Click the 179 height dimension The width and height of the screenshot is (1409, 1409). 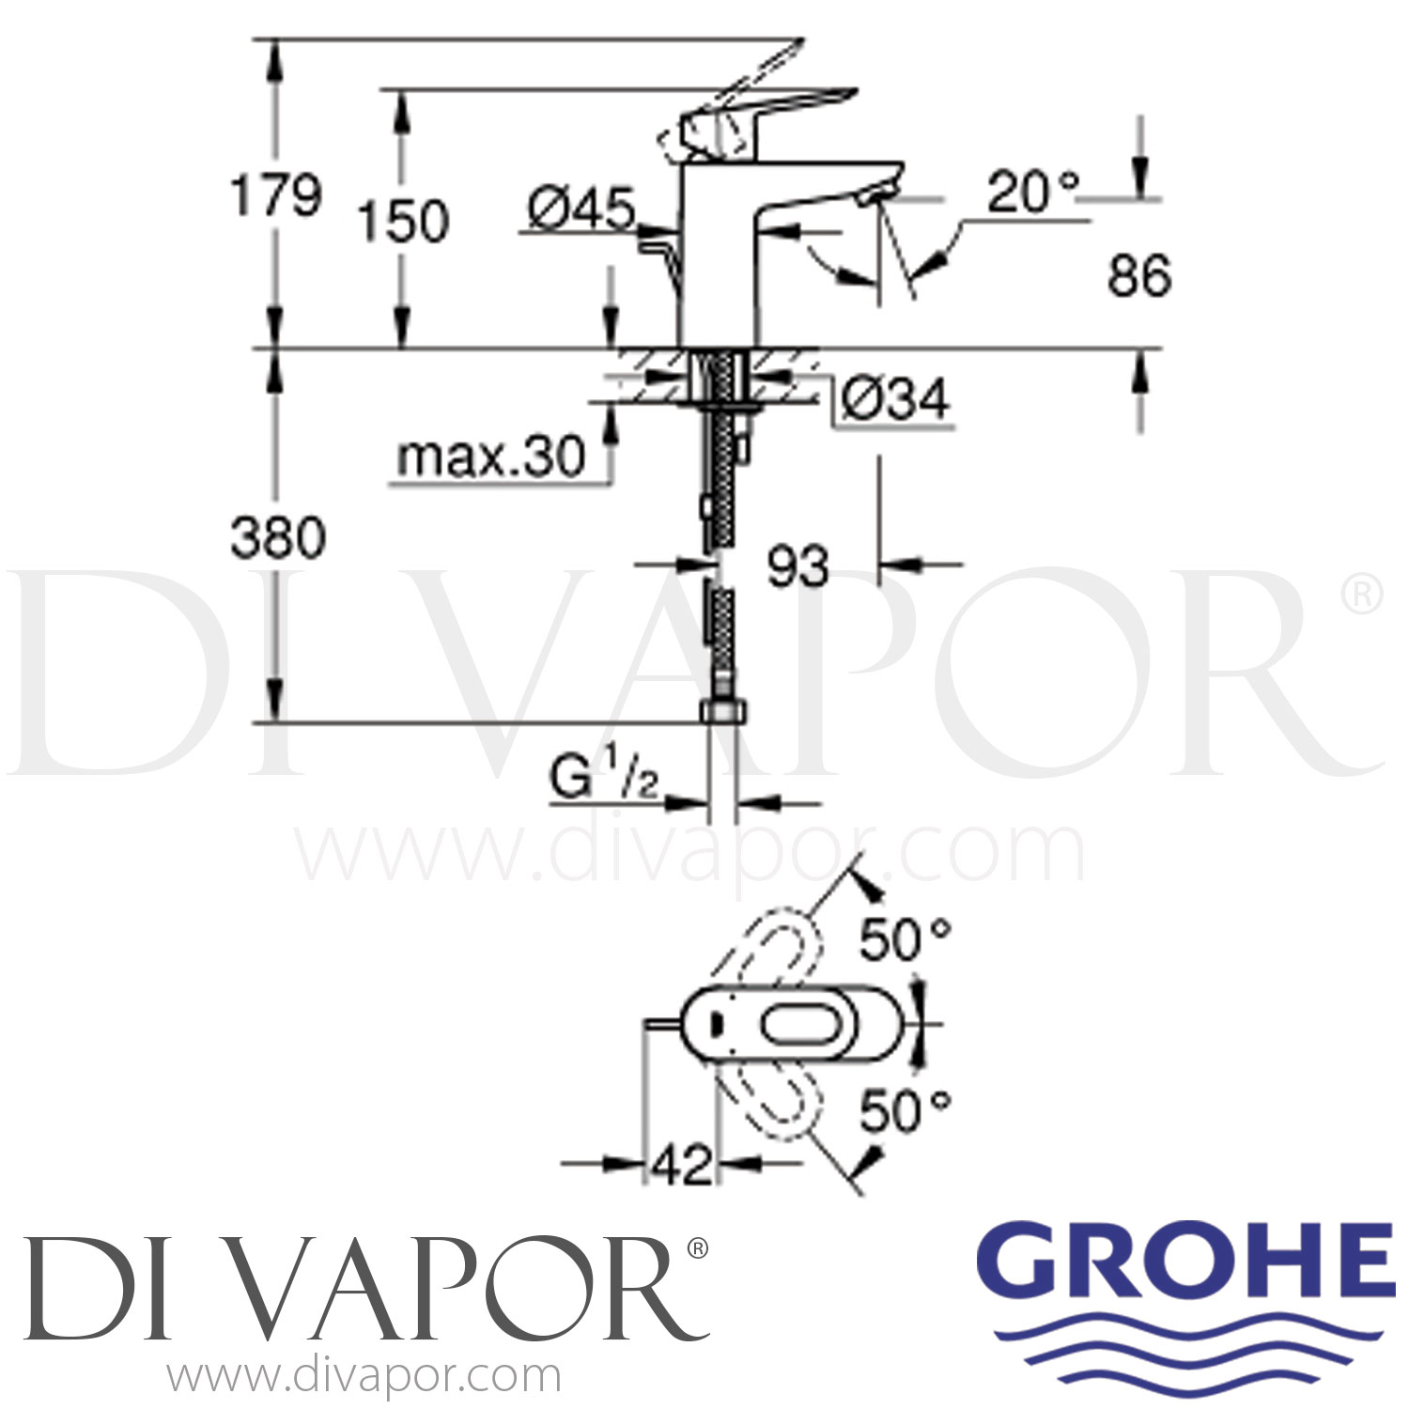click(x=276, y=196)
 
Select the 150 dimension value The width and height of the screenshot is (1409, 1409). click(x=403, y=223)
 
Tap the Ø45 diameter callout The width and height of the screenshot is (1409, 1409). click(x=581, y=208)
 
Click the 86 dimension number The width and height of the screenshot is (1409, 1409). click(x=1138, y=276)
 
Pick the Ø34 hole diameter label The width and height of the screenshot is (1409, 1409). click(x=894, y=400)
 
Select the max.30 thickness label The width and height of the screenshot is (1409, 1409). click(x=490, y=457)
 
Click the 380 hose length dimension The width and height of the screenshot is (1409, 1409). click(x=278, y=538)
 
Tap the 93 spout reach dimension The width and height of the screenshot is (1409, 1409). click(x=797, y=566)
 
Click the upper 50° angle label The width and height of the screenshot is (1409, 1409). click(x=905, y=939)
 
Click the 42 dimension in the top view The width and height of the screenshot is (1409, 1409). click(x=681, y=1166)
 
